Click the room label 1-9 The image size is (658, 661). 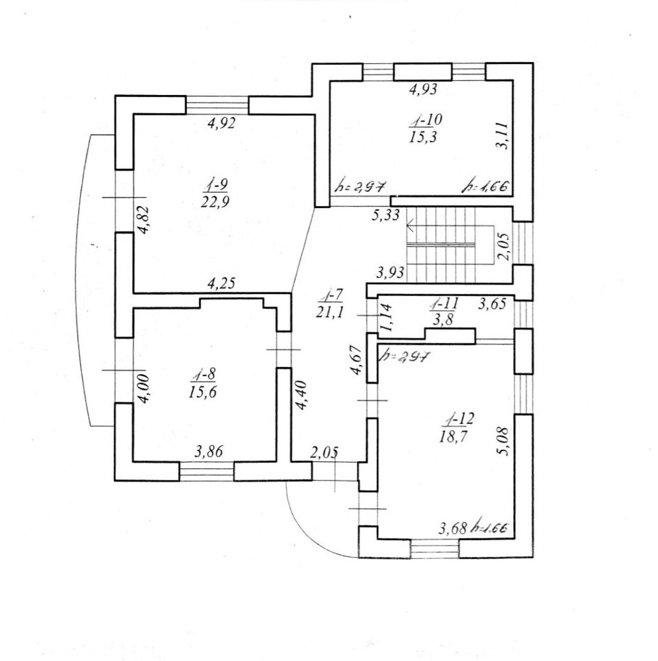[214, 186]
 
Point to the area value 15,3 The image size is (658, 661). [423, 136]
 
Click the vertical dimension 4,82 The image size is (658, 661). [141, 223]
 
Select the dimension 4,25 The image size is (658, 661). [221, 283]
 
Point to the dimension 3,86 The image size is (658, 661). [208, 452]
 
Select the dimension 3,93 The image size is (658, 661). [389, 272]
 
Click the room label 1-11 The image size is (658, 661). [444, 304]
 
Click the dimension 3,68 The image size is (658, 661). [453, 527]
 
